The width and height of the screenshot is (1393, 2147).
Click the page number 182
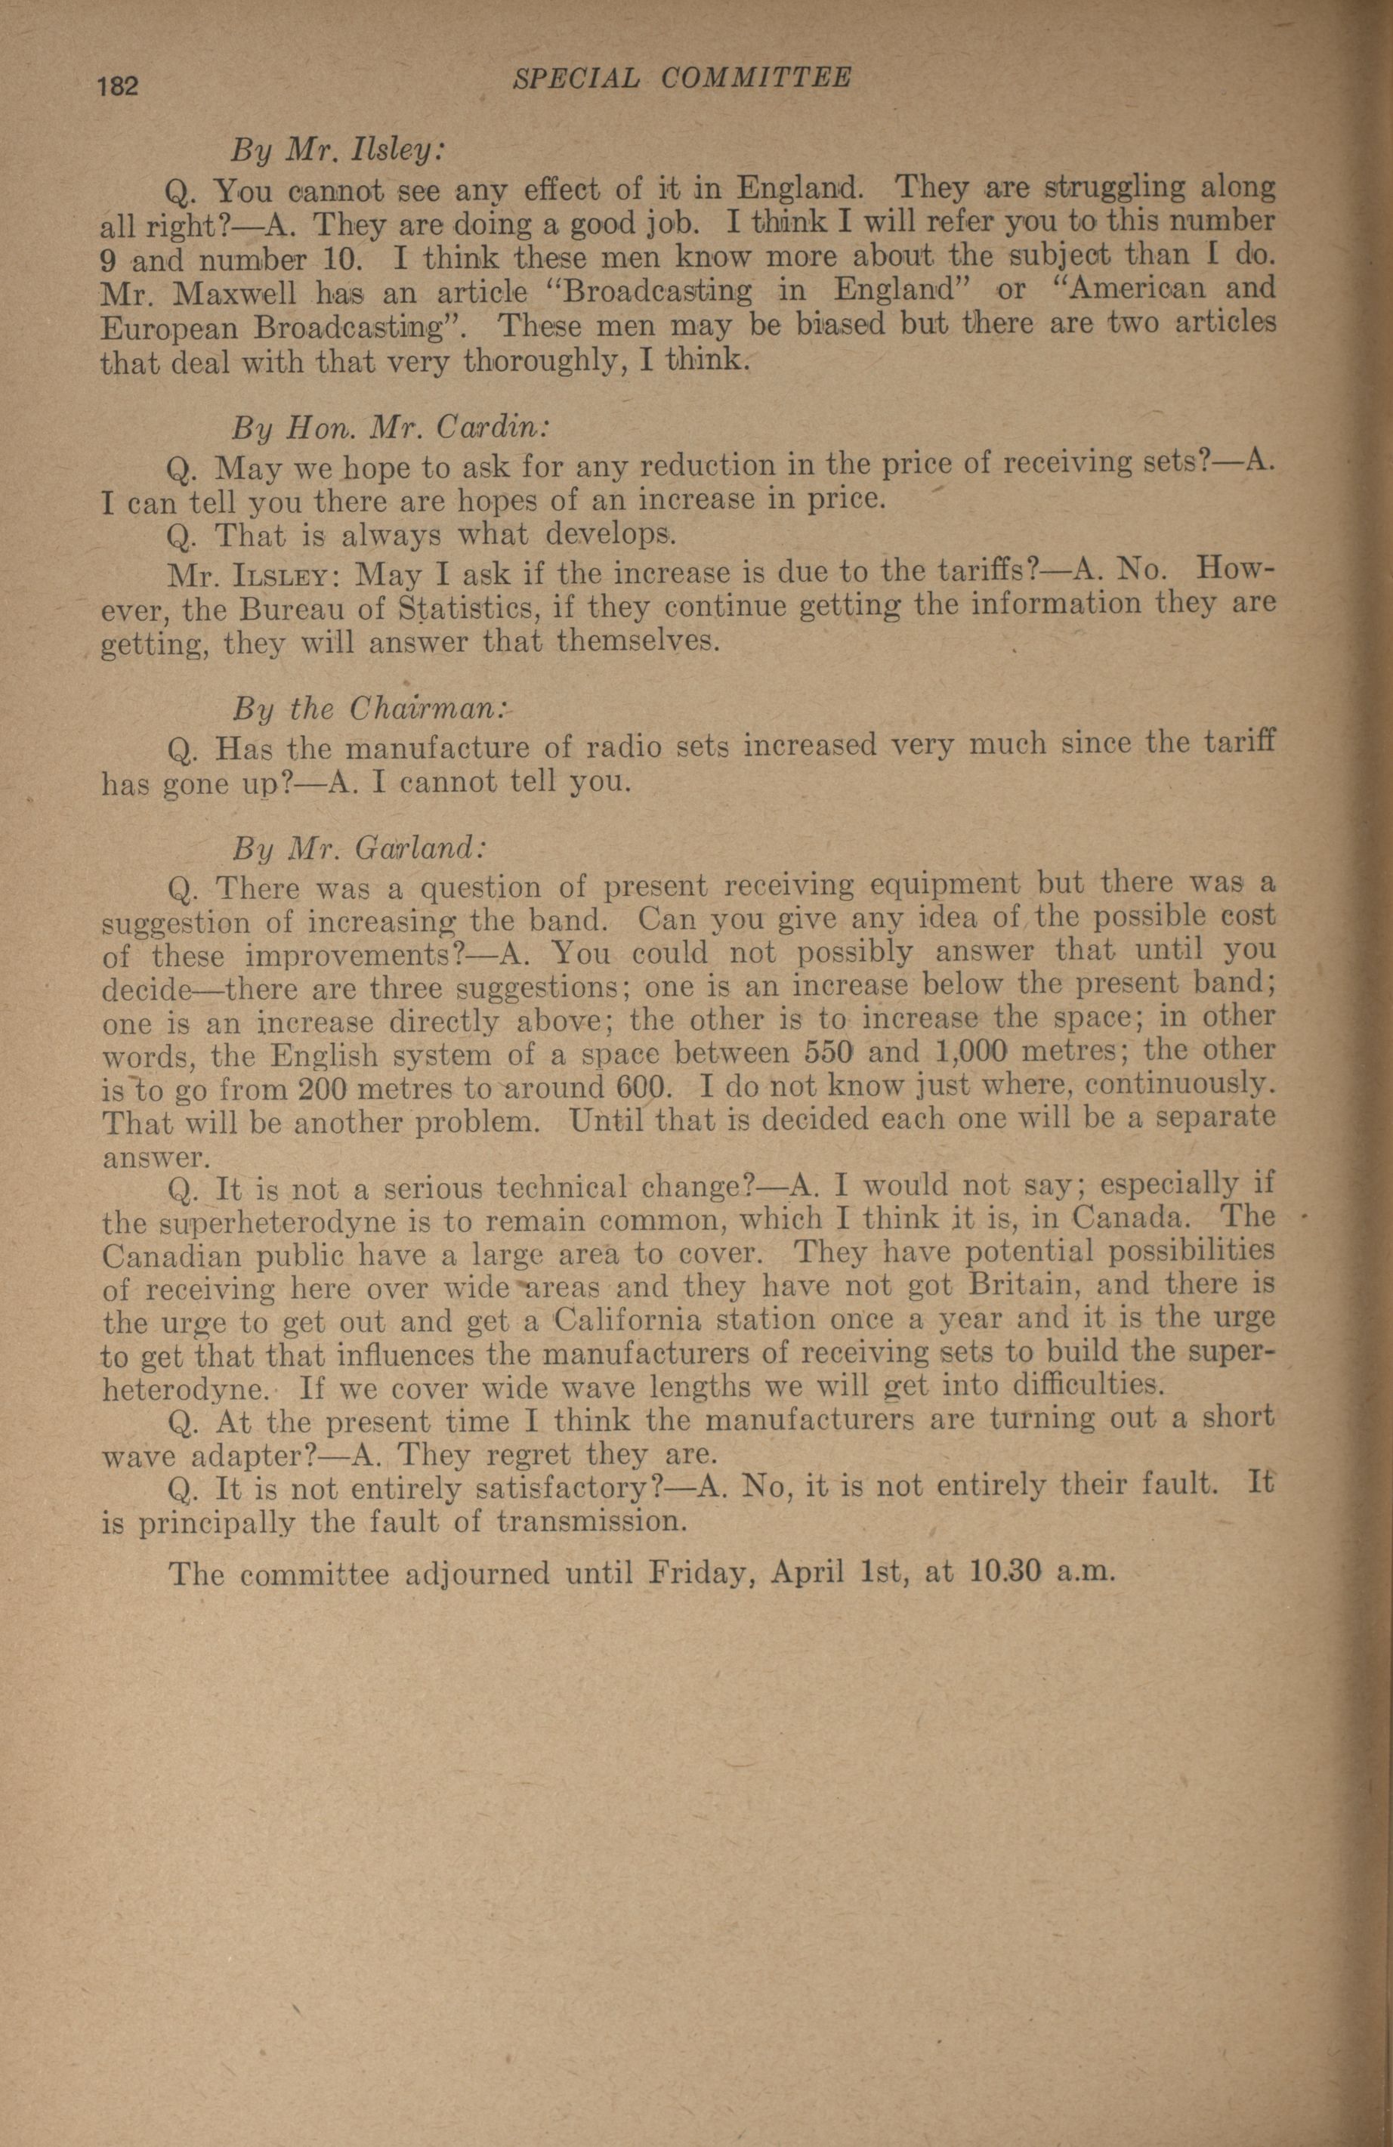117,88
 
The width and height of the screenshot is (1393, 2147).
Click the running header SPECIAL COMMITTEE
681,79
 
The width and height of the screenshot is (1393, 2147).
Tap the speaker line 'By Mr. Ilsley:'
338,149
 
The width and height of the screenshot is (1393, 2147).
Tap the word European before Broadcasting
171,326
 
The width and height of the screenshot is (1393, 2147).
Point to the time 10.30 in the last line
1007,1574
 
